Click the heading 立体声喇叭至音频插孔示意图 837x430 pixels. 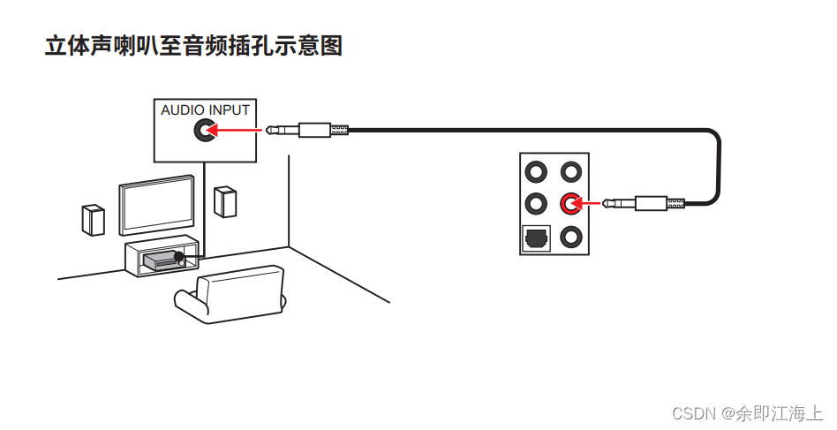tap(193, 46)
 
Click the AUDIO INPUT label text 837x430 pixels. tap(205, 110)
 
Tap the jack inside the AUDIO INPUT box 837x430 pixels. tap(205, 132)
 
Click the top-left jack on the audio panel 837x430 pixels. tap(536, 170)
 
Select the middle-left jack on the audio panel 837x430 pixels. tap(536, 204)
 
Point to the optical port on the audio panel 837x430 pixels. tap(536, 237)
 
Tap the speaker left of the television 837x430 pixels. tap(93, 219)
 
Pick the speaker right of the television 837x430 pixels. tap(225, 201)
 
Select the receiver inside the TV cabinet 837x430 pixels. tap(160, 259)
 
